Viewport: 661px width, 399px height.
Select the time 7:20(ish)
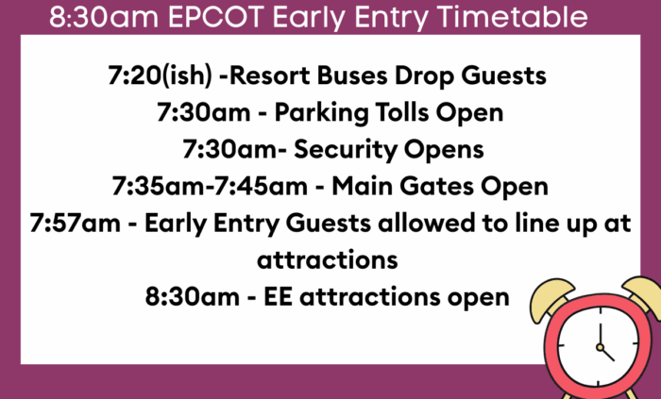pos(160,76)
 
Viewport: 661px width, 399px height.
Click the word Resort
pos(269,75)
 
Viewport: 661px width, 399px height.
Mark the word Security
pos(346,150)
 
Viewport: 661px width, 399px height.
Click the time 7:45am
pos(261,187)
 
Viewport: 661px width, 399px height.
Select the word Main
pos(362,187)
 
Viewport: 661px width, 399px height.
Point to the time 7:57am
pos(75,223)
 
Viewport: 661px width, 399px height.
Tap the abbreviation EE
pos(278,297)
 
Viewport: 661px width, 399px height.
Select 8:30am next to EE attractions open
pos(193,297)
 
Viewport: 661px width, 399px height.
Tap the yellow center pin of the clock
pos(600,347)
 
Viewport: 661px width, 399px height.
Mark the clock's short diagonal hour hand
pos(607,355)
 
